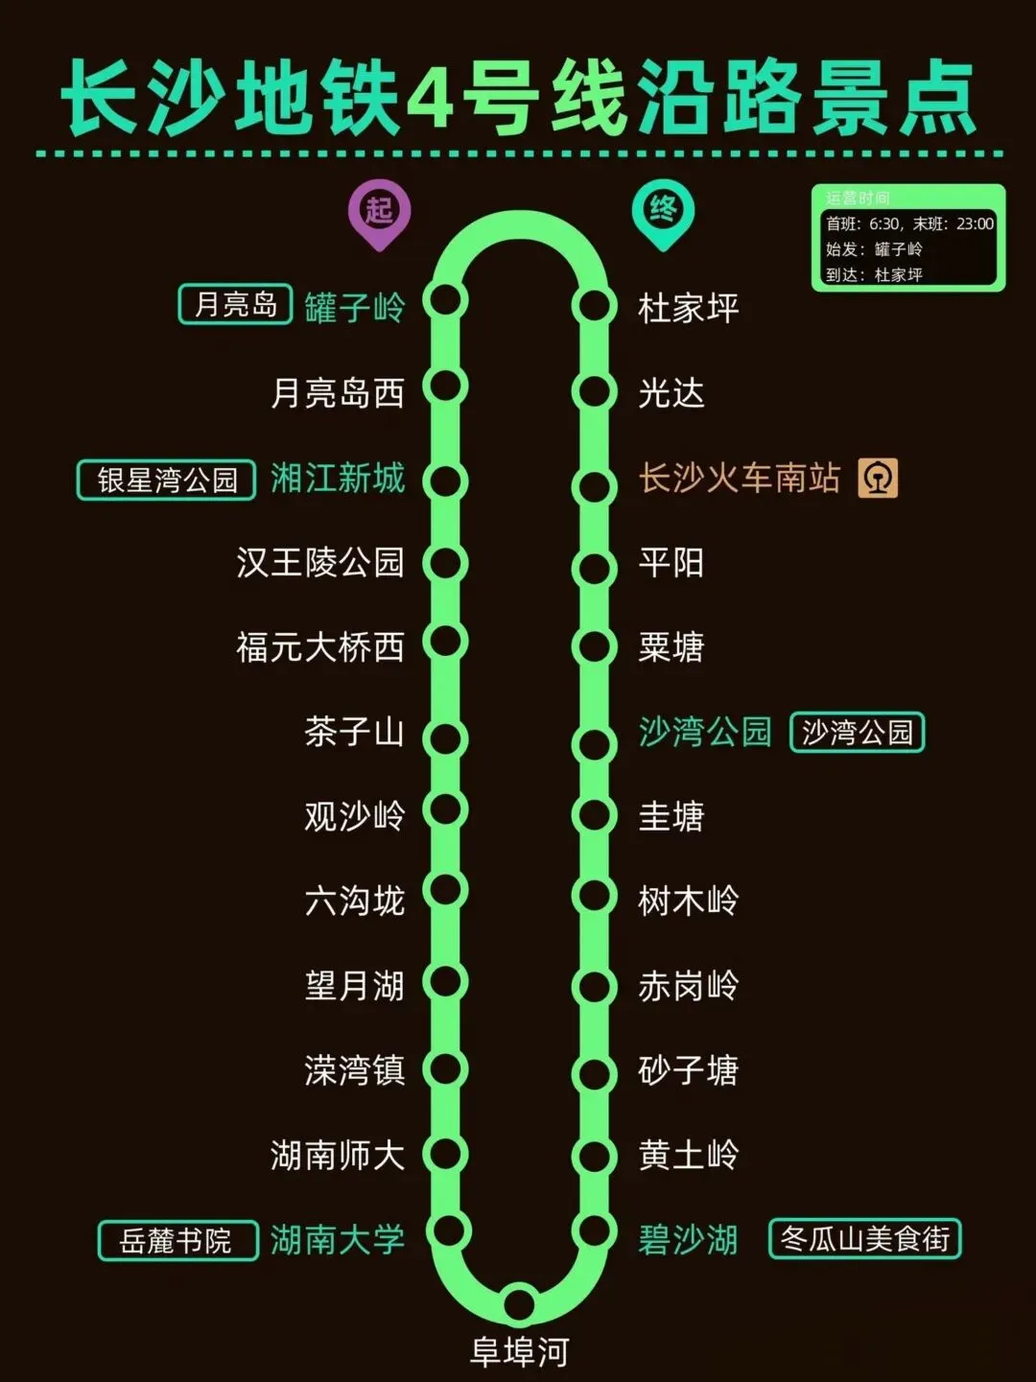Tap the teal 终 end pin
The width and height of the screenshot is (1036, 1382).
point(663,210)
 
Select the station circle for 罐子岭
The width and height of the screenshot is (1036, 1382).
point(445,300)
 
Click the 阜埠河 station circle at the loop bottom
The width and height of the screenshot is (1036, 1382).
point(519,1303)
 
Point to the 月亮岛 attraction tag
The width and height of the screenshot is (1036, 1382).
point(235,305)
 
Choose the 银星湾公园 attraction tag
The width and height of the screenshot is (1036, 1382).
point(166,480)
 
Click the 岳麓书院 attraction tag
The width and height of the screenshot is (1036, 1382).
point(177,1240)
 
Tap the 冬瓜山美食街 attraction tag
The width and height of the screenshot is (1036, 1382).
point(864,1239)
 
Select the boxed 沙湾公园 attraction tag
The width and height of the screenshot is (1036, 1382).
point(857,733)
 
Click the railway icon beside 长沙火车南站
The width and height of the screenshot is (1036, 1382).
point(878,478)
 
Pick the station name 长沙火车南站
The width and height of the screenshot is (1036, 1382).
point(739,478)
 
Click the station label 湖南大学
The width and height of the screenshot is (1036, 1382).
point(337,1240)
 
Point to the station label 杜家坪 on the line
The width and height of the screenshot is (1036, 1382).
point(688,309)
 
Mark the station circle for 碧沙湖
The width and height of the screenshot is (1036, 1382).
point(594,1230)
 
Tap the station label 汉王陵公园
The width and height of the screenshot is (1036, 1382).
point(320,562)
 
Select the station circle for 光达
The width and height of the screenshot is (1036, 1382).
point(594,391)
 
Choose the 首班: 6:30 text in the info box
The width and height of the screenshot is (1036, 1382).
point(863,223)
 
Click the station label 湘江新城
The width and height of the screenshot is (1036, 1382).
point(337,478)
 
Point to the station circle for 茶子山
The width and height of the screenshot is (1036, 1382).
point(445,738)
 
